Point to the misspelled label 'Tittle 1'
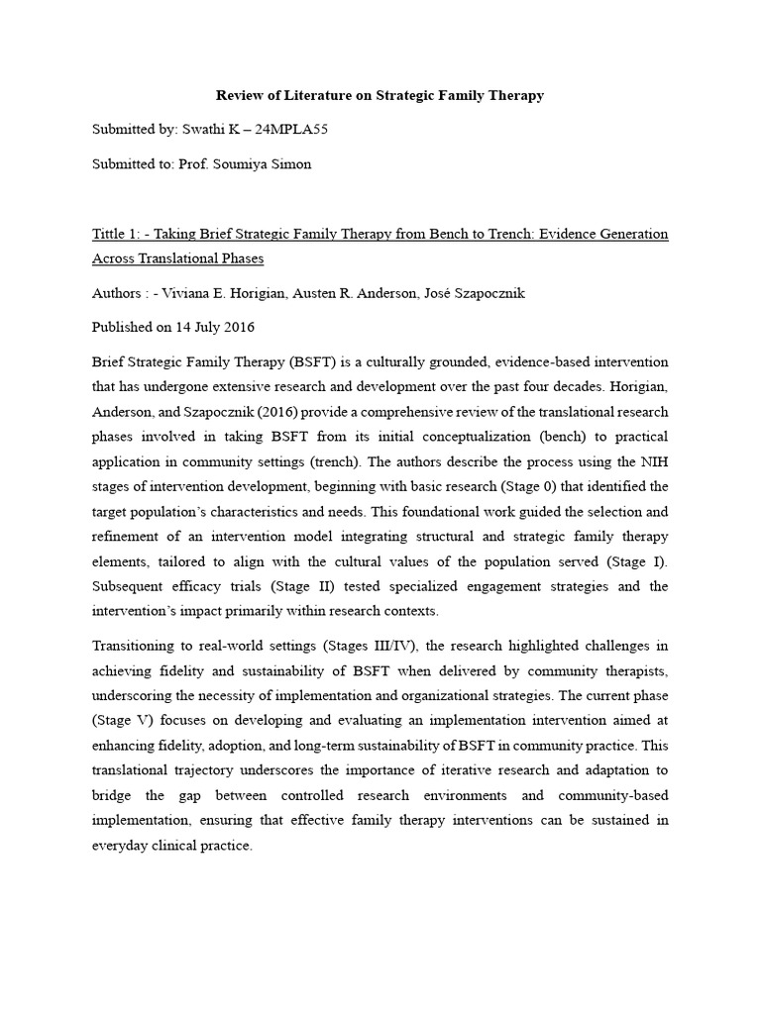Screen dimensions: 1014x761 tap(115, 234)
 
